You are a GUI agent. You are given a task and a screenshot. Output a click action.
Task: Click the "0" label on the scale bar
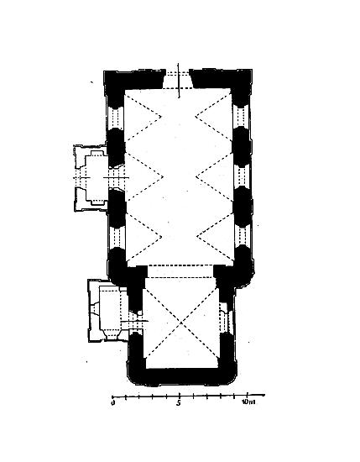click(x=112, y=402)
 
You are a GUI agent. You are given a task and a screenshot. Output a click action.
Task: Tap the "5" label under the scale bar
click(x=179, y=402)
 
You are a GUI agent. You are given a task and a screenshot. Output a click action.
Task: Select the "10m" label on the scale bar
click(x=248, y=402)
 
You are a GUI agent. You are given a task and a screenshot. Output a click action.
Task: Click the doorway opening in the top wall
click(x=177, y=79)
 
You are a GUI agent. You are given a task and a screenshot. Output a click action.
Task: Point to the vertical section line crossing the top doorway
click(x=179, y=80)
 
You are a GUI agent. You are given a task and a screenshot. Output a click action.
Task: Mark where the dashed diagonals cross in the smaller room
click(x=181, y=323)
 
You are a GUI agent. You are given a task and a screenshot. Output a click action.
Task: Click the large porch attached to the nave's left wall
click(x=90, y=178)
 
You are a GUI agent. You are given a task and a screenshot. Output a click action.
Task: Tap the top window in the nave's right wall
click(x=241, y=117)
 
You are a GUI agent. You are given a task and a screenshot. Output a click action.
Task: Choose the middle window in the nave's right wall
click(x=242, y=177)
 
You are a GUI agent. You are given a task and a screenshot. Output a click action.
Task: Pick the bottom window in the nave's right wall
click(x=243, y=236)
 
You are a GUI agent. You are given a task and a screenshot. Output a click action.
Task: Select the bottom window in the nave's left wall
click(x=117, y=238)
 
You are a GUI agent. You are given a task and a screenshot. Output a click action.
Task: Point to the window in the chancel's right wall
click(x=227, y=321)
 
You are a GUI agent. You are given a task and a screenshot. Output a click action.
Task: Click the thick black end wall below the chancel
click(x=182, y=376)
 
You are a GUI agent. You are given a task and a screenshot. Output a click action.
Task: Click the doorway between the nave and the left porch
click(x=117, y=178)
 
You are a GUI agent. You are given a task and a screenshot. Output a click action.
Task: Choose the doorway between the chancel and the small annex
click(x=135, y=322)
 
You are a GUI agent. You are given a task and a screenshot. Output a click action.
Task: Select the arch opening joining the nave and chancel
click(x=180, y=271)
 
